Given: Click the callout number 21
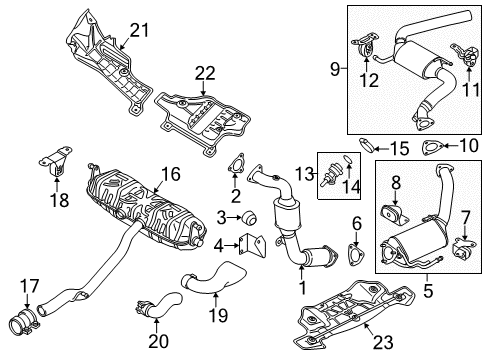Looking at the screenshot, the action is [x=139, y=31].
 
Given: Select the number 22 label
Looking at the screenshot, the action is [x=205, y=73].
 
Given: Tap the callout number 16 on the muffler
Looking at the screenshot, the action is [x=171, y=174].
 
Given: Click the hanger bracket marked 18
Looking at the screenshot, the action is [x=55, y=160].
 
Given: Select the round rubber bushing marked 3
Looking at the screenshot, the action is [x=249, y=217].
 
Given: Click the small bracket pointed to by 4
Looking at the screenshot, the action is [x=253, y=245].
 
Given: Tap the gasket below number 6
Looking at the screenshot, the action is [x=356, y=254].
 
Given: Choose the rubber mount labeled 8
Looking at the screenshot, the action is [x=394, y=214].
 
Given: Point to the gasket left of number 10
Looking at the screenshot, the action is [x=433, y=148].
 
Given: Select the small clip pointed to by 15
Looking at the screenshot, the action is [x=367, y=145].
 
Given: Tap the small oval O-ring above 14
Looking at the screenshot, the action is [x=348, y=159].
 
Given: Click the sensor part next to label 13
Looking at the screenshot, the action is [x=330, y=172].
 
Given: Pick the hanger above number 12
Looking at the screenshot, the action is [x=364, y=46].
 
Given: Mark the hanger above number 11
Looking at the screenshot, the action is [x=465, y=54].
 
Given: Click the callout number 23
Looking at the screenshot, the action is [x=383, y=342].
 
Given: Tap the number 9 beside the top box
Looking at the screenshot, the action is [x=335, y=69].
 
